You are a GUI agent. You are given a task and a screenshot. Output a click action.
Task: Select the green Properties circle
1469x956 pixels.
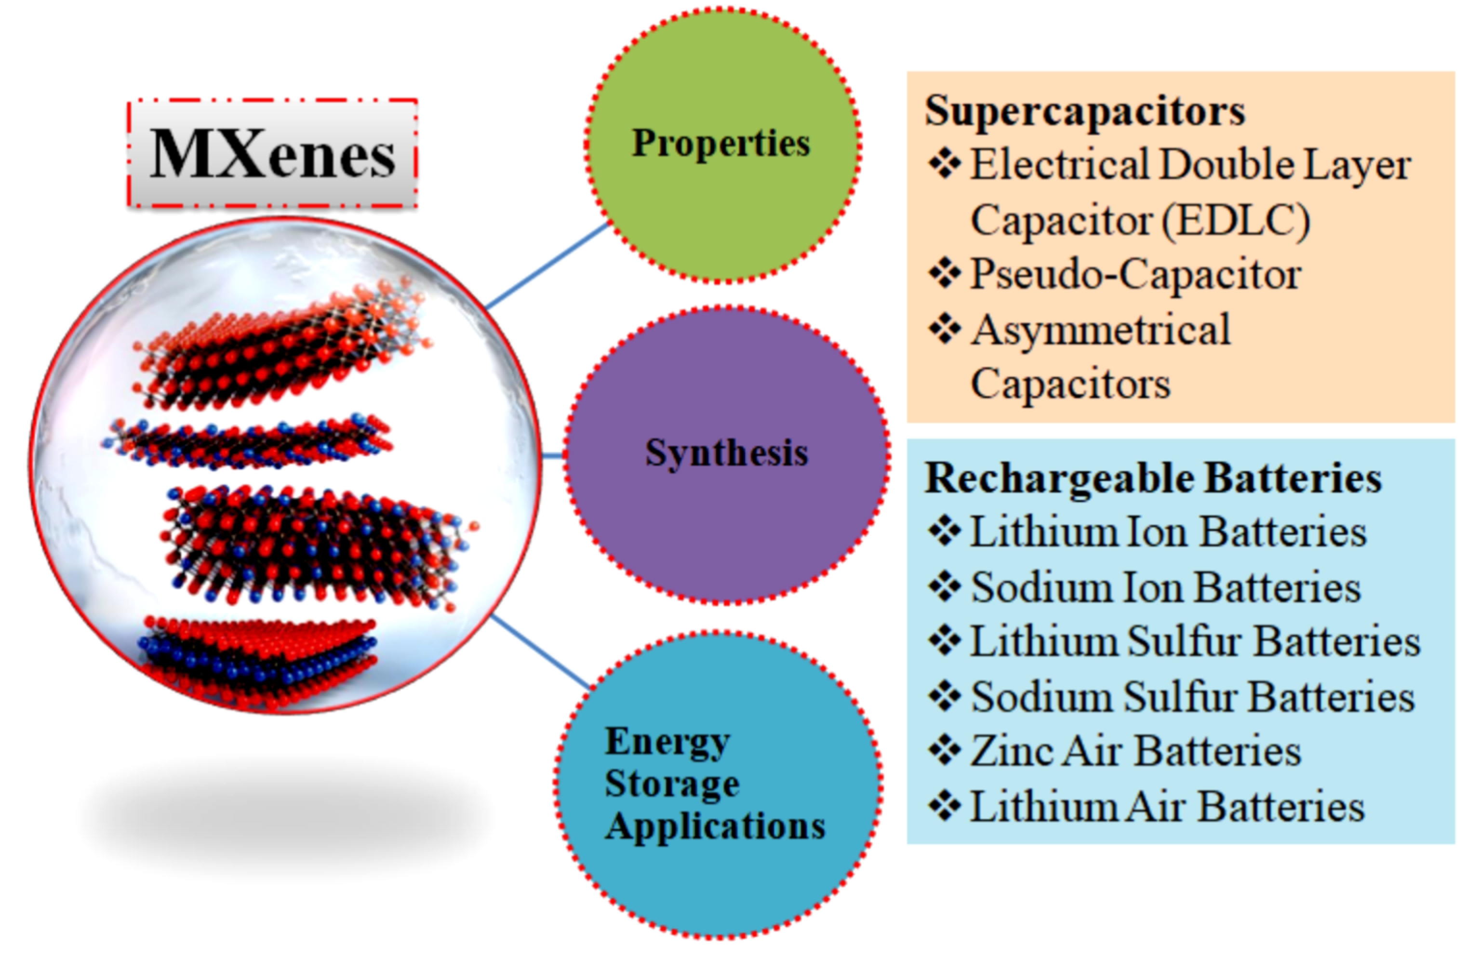pyautogui.click(x=722, y=145)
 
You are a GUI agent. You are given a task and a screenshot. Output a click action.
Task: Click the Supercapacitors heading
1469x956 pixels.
pyautogui.click(x=1084, y=111)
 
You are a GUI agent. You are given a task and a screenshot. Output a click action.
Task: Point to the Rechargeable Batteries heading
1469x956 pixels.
pyautogui.click(x=1152, y=478)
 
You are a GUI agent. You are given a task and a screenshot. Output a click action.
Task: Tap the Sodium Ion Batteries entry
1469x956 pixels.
pyautogui.click(x=1166, y=587)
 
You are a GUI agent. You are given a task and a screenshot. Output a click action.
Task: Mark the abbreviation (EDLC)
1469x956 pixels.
pyautogui.click(x=1236, y=220)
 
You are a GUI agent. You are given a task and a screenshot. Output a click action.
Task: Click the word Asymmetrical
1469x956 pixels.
pyautogui.click(x=1100, y=330)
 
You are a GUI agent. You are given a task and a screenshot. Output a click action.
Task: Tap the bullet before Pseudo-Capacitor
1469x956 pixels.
pyautogui.click(x=944, y=273)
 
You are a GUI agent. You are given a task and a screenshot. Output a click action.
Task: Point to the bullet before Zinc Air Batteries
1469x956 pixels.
pyautogui.click(x=944, y=751)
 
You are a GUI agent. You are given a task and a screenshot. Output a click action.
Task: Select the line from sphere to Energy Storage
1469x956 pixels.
pyautogui.click(x=541, y=651)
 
